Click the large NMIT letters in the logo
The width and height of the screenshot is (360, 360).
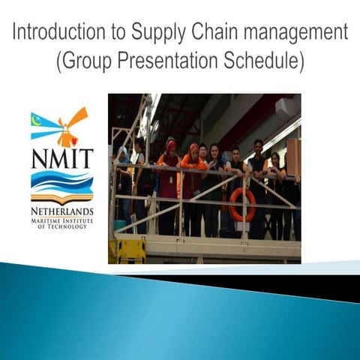[x=62, y=159]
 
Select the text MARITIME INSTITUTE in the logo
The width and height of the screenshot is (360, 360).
[x=62, y=220]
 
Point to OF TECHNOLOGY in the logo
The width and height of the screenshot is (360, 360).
[x=62, y=226]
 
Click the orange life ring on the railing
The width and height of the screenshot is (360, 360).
[x=241, y=204]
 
